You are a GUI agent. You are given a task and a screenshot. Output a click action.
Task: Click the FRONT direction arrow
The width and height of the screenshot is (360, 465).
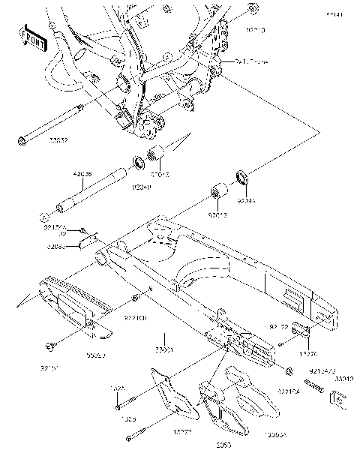point(31,37)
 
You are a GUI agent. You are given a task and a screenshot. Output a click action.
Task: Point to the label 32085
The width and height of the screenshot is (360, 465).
point(55,245)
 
